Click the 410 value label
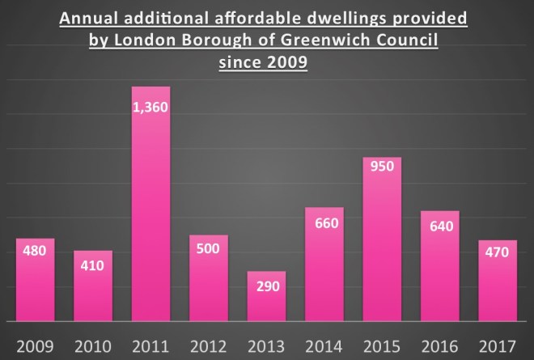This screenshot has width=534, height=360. pos(92,265)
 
